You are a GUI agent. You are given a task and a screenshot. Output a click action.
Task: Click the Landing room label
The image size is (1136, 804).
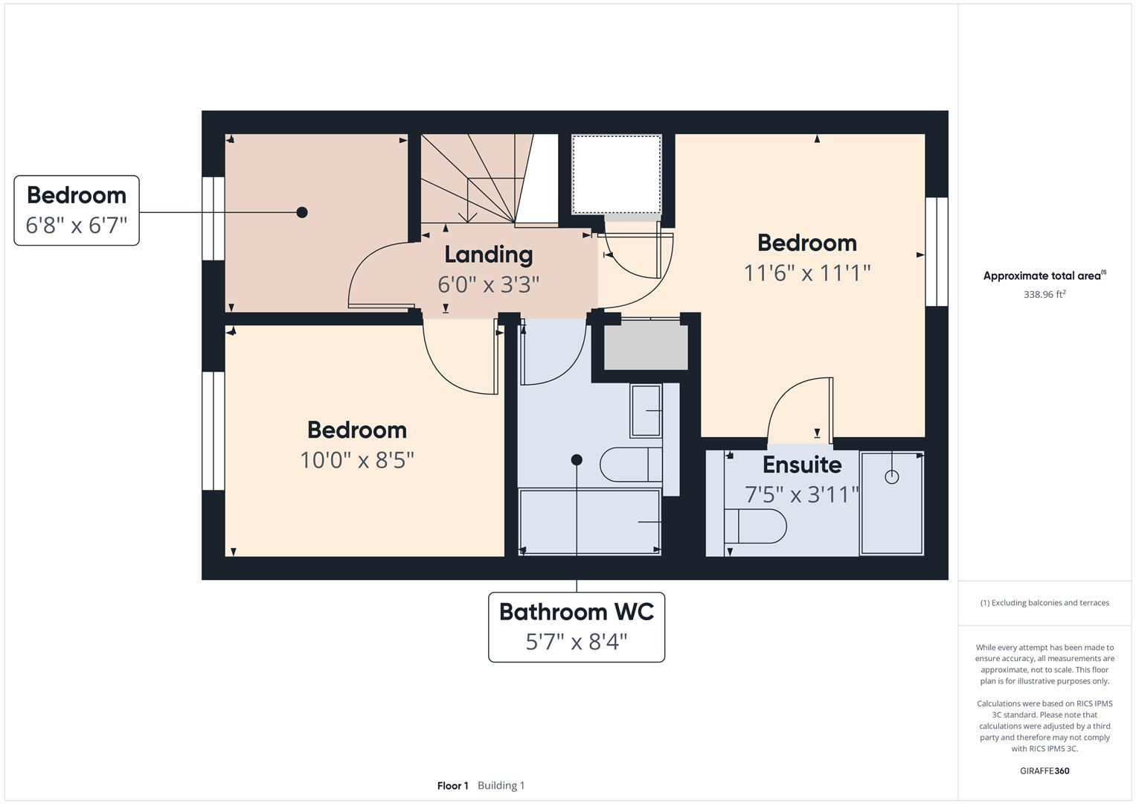488,255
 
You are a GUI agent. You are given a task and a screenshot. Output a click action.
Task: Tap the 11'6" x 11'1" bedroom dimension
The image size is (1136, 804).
806,273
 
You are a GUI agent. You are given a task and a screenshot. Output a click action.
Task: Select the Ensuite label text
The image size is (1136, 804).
802,465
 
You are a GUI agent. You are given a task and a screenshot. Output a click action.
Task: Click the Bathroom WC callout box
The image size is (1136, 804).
576,626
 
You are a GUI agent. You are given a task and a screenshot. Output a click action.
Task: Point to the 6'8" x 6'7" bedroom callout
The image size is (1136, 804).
77,211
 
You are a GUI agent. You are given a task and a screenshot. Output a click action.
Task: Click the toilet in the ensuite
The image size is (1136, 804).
755,526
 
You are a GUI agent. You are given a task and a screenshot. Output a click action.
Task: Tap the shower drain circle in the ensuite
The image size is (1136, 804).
891,477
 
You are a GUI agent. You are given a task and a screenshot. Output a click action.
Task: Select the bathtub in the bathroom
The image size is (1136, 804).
589,522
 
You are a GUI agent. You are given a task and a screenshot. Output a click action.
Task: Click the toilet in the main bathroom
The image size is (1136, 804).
631,465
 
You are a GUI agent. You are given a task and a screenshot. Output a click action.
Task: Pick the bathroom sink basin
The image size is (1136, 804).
645,411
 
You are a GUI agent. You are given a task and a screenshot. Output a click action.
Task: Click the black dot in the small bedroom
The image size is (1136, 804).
302,212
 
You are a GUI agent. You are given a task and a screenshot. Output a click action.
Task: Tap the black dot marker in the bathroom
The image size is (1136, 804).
577,460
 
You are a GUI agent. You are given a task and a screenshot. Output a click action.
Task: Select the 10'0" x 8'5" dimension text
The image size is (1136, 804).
356,460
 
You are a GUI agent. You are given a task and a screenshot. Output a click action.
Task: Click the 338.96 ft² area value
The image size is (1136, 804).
1044,294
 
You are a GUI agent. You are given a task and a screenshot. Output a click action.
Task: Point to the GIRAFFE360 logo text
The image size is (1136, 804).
1044,770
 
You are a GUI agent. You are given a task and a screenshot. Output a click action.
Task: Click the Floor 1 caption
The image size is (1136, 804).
452,785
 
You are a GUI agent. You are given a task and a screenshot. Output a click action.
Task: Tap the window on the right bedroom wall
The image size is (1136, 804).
937,252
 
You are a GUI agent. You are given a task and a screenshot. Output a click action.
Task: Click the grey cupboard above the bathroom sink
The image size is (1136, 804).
645,346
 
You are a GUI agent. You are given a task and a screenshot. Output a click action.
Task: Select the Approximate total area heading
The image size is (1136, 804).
1044,275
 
